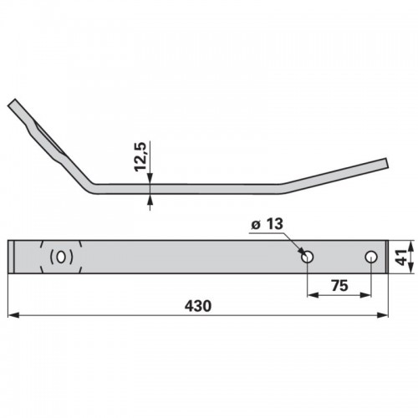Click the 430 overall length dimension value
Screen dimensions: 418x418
[198, 306]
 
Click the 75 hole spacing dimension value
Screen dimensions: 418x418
[339, 286]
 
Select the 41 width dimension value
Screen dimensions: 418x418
[401, 257]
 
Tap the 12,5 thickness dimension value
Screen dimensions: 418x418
[140, 156]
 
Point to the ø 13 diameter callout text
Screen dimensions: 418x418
[267, 224]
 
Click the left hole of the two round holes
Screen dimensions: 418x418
[308, 257]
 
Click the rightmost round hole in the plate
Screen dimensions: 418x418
[371, 257]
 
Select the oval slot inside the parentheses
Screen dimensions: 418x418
[61, 257]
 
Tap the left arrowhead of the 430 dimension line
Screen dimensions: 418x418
[13, 315]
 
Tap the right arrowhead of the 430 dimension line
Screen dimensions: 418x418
[382, 315]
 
